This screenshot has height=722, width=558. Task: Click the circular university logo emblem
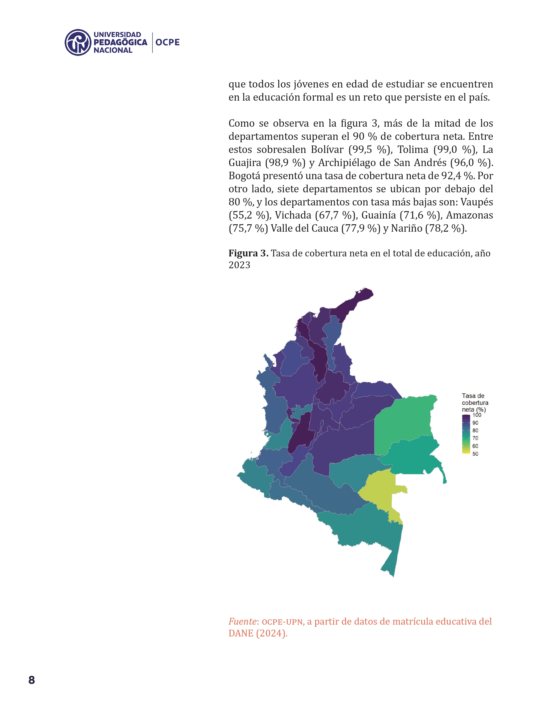click(78, 42)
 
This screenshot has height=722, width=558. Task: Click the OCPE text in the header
click(168, 42)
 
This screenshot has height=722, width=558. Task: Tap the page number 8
click(32, 680)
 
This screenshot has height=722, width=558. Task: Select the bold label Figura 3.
click(248, 253)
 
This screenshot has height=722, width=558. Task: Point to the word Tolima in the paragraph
click(412, 150)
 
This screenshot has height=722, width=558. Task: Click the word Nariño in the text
click(407, 228)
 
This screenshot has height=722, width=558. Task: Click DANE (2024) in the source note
click(258, 633)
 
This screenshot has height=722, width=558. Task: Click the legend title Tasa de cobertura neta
click(475, 403)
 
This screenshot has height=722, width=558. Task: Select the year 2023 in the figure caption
click(239, 265)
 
